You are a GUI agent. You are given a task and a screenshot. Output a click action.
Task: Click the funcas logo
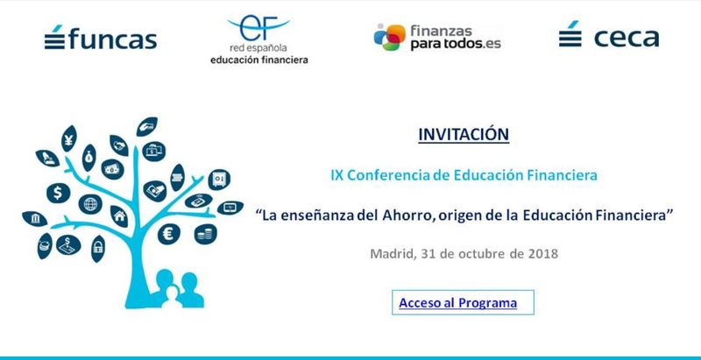(101, 38)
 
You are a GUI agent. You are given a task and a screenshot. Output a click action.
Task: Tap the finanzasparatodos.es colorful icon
(389, 37)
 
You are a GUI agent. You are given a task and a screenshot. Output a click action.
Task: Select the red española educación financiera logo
(258, 39)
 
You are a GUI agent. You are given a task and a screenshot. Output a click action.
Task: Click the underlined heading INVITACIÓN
(464, 134)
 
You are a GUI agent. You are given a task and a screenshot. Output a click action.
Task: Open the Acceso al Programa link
(457, 303)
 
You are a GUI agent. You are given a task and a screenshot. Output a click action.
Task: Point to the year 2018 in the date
(542, 254)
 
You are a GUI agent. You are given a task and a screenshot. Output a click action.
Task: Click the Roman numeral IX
(336, 175)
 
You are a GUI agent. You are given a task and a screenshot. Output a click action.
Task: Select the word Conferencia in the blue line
(388, 175)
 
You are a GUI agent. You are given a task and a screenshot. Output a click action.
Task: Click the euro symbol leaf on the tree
(169, 234)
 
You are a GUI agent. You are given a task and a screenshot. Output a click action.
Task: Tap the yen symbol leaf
(69, 138)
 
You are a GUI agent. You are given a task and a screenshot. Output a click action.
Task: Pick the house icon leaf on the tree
(119, 216)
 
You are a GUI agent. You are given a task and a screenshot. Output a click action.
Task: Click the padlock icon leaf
(98, 249)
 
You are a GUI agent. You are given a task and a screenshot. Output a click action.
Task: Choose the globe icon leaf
(90, 204)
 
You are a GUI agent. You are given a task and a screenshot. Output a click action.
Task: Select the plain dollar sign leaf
(58, 193)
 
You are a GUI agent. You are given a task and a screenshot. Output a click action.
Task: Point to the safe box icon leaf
(219, 180)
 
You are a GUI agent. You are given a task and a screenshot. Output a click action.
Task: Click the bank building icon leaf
(35, 219)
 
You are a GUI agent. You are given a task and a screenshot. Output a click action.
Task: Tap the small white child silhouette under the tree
(172, 297)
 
